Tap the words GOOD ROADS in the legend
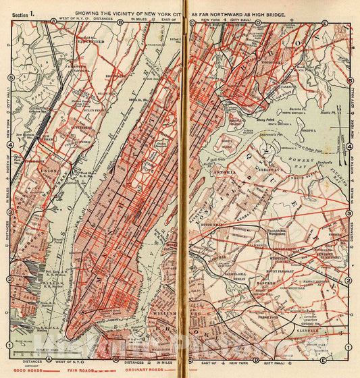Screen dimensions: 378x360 (x=26, y=370)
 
